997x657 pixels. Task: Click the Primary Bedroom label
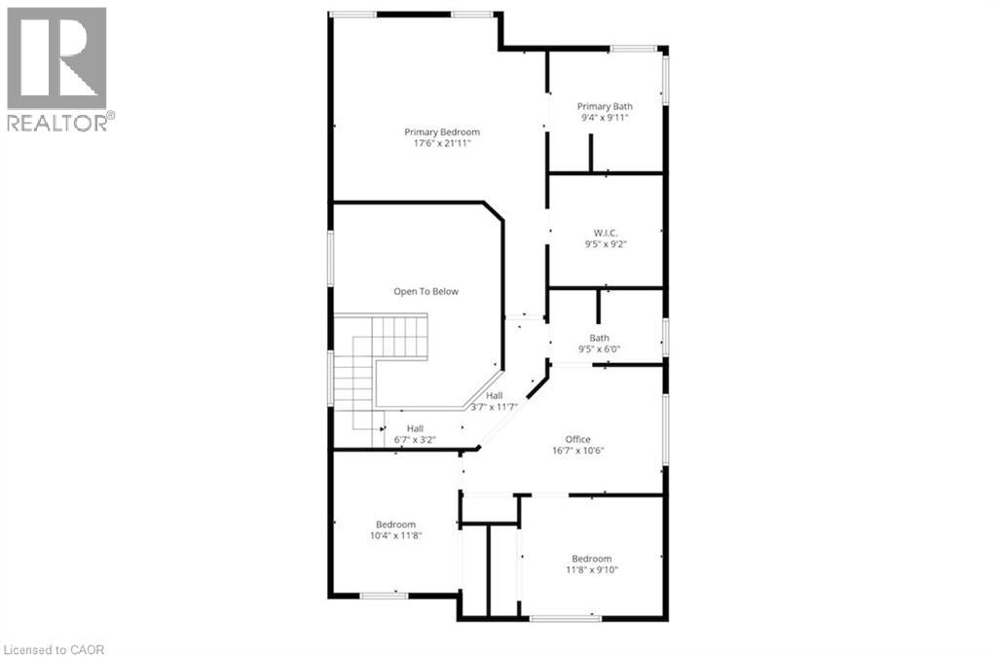point(442,132)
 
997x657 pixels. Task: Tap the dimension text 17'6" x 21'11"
point(442,144)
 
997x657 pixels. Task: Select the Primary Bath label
point(605,107)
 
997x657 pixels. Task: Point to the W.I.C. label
point(606,233)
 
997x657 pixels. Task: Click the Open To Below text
point(425,291)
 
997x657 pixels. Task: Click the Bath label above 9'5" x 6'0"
point(600,338)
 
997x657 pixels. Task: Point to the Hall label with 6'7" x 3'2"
point(415,428)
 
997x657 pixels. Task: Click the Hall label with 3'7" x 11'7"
point(495,395)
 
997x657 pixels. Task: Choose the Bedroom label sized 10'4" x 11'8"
point(396,525)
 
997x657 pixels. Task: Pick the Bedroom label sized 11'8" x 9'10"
point(591,559)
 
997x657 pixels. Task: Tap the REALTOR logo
point(57,68)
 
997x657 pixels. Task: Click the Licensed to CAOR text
point(54,648)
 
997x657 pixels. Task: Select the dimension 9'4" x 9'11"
point(605,118)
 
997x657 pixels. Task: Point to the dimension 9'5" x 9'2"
point(606,244)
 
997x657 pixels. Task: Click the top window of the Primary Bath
point(632,48)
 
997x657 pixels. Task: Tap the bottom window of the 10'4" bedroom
point(384,595)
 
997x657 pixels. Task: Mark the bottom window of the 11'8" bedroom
point(566,617)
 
